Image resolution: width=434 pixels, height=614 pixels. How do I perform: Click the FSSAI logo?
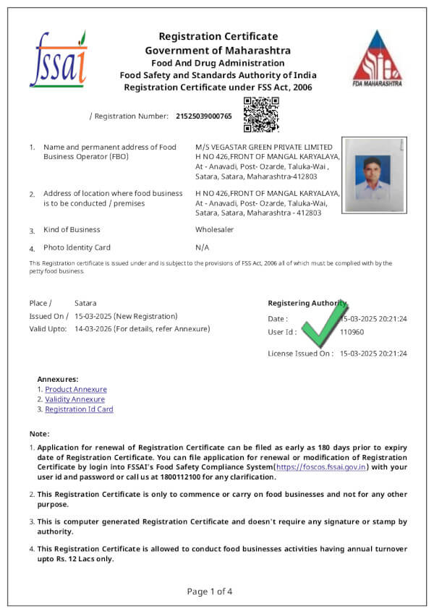tap(58, 59)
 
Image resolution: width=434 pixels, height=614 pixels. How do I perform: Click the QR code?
tap(261, 115)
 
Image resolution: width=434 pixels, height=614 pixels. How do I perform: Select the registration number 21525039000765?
tap(204, 116)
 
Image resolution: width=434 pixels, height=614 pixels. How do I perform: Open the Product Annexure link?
tap(75, 389)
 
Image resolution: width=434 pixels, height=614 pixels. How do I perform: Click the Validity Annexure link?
tap(75, 399)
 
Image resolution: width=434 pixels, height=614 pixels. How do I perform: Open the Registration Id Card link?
tap(79, 409)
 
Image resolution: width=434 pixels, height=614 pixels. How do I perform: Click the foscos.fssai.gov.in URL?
tap(322, 467)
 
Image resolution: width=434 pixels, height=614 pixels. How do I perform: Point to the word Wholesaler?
tap(215, 230)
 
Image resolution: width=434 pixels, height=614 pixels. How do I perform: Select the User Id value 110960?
tap(352, 333)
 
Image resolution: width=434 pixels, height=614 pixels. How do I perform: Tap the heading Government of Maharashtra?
tap(218, 51)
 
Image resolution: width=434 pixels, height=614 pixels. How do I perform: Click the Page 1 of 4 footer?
tap(210, 591)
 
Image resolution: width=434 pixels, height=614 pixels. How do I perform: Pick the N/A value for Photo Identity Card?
tap(202, 247)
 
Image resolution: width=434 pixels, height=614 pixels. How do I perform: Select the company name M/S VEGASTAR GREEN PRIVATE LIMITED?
tap(264, 147)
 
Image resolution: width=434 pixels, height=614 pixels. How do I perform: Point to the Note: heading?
tap(39, 433)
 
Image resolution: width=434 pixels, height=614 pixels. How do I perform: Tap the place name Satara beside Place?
tap(85, 303)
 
